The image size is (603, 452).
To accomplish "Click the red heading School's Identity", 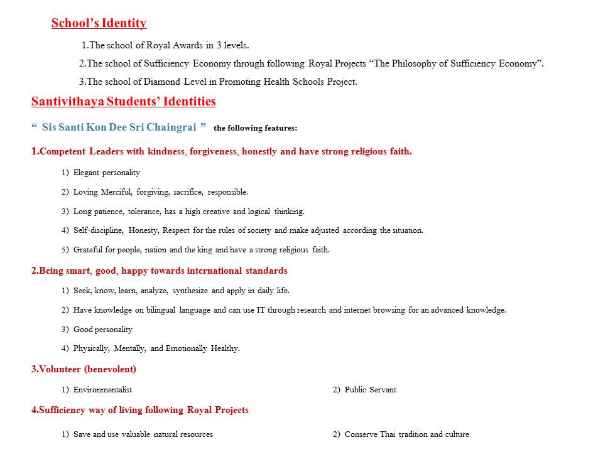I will pyautogui.click(x=99, y=24).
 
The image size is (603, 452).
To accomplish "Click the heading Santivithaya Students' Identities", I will pyautogui.click(x=123, y=102).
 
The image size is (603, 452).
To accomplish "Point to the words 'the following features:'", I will pyautogui.click(x=255, y=128).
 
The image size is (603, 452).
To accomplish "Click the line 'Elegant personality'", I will pyautogui.click(x=106, y=173).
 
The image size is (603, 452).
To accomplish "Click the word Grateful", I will pyautogui.click(x=88, y=250).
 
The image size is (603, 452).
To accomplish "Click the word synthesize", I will pyautogui.click(x=191, y=291).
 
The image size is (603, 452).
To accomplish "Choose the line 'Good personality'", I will pyautogui.click(x=102, y=330).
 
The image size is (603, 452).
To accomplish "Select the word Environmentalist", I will pyautogui.click(x=102, y=390).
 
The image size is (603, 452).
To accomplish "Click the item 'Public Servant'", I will pyautogui.click(x=370, y=390).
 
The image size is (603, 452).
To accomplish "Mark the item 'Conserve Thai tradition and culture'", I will pyautogui.click(x=406, y=434).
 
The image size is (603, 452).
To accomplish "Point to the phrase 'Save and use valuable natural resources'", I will pyautogui.click(x=143, y=434).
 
